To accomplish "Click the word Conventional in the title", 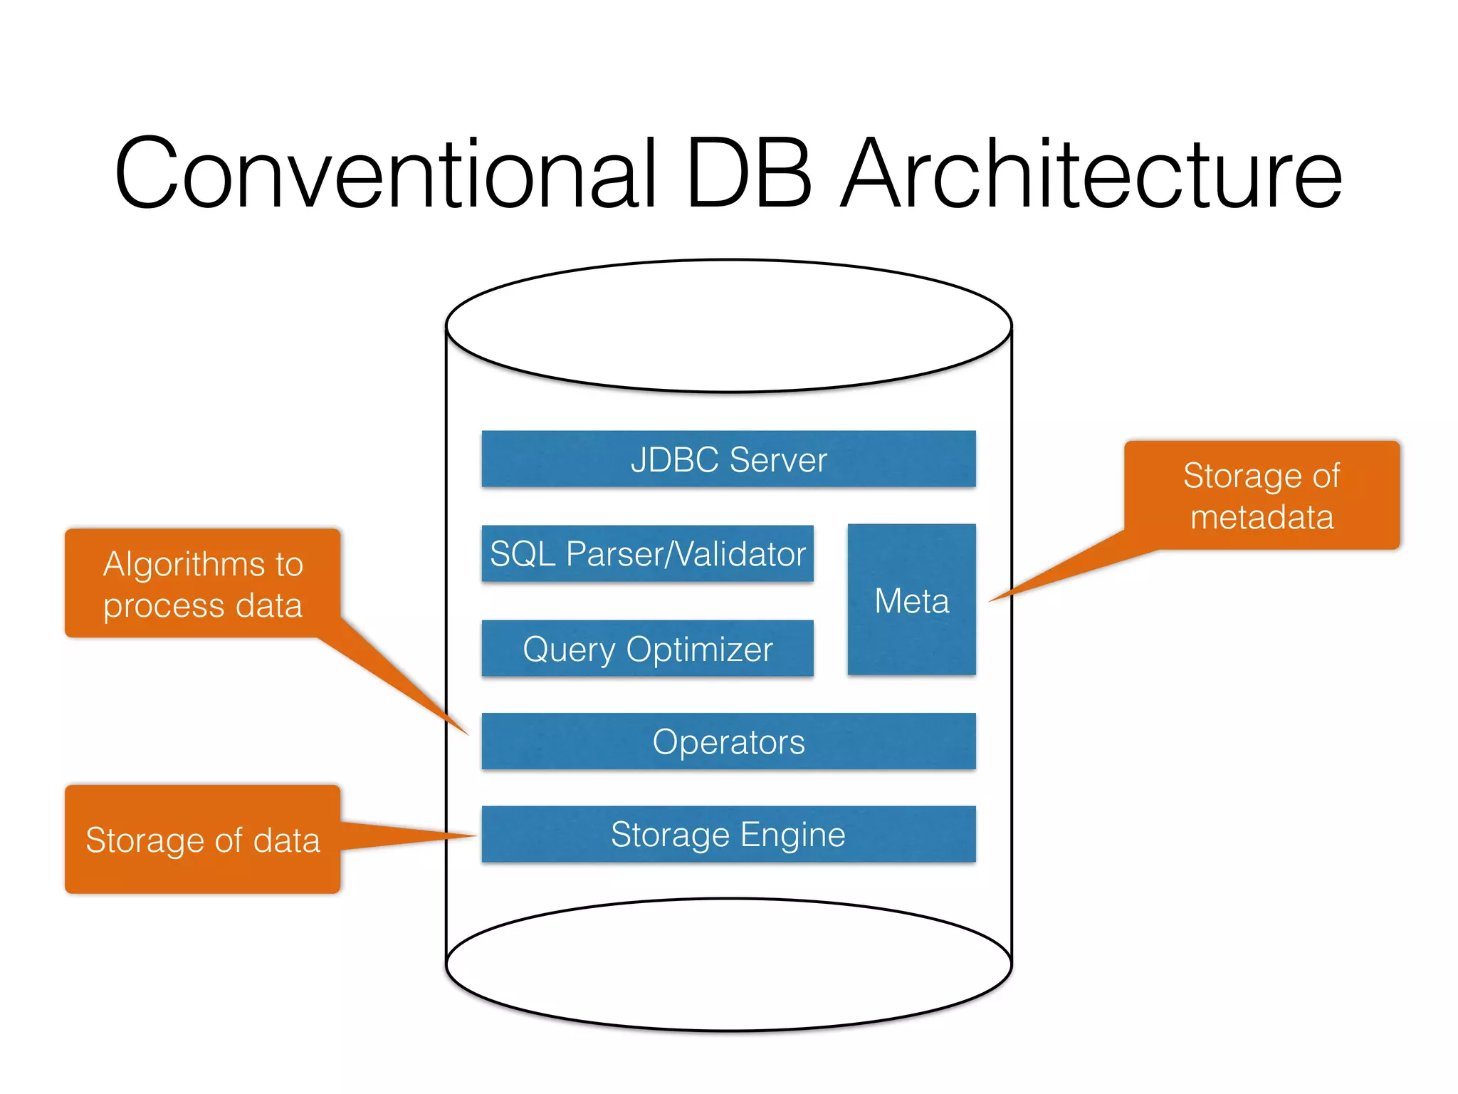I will tap(384, 174).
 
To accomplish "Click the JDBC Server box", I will tap(728, 459).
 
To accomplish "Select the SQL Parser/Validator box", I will tap(647, 554).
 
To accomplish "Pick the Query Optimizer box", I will tap(647, 649).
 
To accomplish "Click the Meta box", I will tap(911, 600).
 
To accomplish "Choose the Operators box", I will tap(728, 741).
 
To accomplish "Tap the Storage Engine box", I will tap(728, 834).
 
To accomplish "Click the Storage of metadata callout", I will tap(1262, 496).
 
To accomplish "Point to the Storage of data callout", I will tap(203, 840).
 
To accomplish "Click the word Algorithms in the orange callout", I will tap(184, 564).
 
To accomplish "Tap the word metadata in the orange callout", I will tap(1262, 517).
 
